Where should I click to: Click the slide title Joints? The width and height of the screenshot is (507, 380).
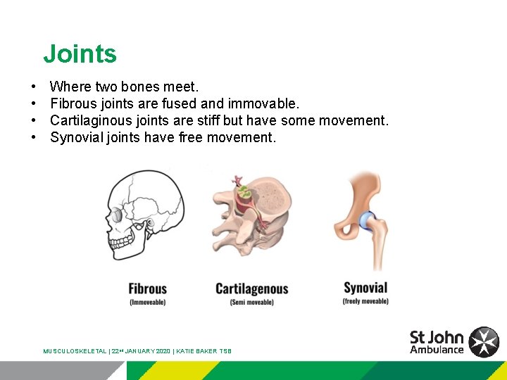(80, 54)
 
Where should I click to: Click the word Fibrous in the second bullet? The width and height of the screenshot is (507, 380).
(73, 104)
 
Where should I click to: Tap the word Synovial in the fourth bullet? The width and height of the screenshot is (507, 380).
(76, 137)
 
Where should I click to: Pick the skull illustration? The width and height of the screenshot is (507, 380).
(145, 218)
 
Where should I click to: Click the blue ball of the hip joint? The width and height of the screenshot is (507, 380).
(368, 221)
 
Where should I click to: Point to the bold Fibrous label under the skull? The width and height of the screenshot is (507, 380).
(147, 289)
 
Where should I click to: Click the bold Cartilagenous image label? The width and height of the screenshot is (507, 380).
(251, 289)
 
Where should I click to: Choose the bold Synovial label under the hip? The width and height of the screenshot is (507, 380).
(365, 288)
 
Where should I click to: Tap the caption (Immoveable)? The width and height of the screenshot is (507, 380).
(147, 302)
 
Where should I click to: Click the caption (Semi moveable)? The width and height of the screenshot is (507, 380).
(251, 302)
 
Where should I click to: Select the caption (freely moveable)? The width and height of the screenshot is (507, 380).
(365, 301)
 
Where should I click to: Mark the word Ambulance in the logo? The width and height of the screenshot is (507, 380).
(437, 350)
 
